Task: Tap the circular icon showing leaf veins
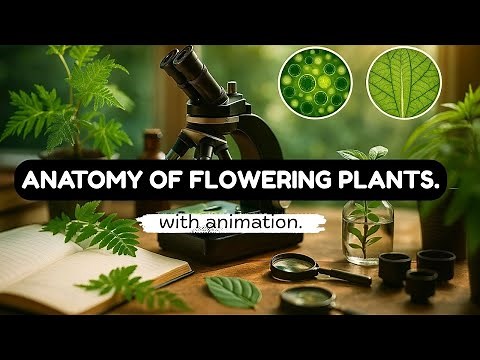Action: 400,80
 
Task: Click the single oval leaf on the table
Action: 233,291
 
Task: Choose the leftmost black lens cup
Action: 395,266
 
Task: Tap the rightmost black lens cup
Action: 436,263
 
